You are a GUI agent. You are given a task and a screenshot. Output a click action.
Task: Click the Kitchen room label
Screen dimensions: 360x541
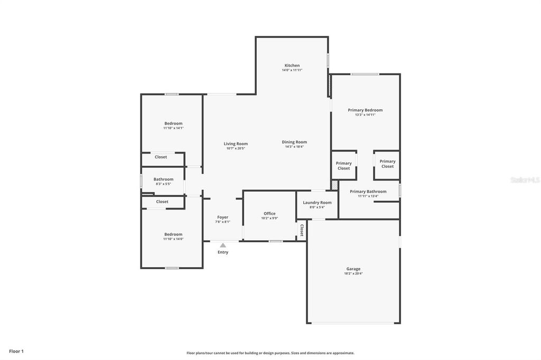[292, 65]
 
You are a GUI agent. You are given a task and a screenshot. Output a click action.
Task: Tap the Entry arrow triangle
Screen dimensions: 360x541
[223, 245]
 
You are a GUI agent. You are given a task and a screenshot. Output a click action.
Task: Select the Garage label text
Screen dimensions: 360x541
[353, 269]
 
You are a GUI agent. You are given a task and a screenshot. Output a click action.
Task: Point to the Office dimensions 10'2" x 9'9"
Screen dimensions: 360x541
[269, 218]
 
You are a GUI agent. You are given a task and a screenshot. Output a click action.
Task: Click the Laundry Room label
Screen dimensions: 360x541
[317, 202]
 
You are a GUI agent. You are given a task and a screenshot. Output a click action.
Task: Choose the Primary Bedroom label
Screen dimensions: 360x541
[365, 110]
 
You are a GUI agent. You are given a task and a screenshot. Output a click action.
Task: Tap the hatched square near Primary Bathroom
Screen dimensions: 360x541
[334, 185]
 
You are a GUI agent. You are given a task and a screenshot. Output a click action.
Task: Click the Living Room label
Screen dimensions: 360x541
[235, 144]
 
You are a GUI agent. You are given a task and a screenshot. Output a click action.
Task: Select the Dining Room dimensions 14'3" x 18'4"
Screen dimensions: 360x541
[294, 146]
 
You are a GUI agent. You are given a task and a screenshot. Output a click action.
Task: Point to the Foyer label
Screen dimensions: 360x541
[222, 217]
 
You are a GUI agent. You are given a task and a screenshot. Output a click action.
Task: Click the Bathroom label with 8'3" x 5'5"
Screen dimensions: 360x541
[163, 179]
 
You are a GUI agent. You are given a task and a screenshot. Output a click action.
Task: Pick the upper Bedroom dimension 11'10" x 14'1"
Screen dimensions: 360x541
[173, 128]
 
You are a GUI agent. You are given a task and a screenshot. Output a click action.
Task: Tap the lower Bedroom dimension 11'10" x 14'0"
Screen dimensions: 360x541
[173, 239]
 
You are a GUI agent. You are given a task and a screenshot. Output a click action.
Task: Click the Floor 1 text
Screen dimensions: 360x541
[16, 351]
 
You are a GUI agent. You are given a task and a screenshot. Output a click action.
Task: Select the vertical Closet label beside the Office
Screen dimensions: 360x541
[302, 230]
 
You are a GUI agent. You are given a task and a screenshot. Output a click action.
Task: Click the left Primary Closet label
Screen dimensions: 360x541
[343, 166]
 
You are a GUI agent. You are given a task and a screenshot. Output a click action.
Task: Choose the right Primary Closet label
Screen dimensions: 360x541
[387, 164]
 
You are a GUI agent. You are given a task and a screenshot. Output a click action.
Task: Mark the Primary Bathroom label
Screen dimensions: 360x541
[368, 191]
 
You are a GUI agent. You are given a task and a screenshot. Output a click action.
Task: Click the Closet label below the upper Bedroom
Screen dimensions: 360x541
[161, 157]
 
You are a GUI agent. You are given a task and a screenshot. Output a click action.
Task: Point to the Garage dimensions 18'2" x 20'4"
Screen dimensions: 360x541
[353, 273]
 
